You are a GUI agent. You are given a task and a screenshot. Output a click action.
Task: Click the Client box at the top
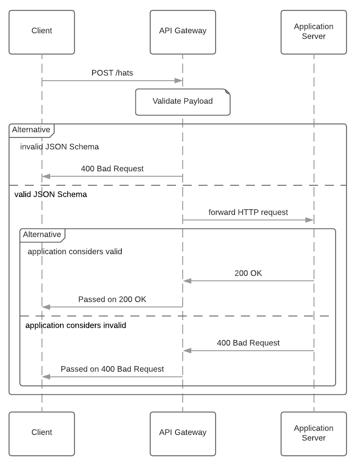[x=42, y=31]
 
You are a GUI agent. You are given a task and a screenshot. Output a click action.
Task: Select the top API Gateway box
[x=183, y=31]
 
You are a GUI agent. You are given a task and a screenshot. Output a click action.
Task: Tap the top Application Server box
[x=314, y=31]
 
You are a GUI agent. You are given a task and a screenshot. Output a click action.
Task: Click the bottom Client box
[x=42, y=433]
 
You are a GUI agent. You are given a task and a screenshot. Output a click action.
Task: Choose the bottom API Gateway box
[x=183, y=433]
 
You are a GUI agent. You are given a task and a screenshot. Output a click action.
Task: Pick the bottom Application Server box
[x=314, y=433]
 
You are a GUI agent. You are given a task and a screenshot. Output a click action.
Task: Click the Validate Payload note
[x=183, y=101]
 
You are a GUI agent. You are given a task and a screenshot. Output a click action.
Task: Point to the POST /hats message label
[x=112, y=73]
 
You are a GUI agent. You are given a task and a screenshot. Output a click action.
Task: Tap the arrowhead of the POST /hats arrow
[x=179, y=81]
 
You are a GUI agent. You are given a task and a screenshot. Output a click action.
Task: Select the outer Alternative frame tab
[x=31, y=130]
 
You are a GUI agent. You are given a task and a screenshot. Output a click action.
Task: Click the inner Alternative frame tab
[x=42, y=234]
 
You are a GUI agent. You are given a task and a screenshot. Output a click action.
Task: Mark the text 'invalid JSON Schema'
[x=60, y=147]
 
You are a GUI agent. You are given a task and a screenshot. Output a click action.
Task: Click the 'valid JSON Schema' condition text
[x=51, y=195]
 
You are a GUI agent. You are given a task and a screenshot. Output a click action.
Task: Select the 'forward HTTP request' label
[x=248, y=212]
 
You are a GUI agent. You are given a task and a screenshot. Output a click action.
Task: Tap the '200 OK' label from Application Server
[x=248, y=273]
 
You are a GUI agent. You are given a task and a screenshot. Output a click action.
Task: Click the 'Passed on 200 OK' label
[x=112, y=299]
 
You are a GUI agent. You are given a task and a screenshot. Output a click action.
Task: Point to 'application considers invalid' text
[x=76, y=325]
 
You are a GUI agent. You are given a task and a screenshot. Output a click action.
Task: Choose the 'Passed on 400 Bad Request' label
[x=112, y=369]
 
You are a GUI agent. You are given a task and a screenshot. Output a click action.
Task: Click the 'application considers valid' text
[x=75, y=252]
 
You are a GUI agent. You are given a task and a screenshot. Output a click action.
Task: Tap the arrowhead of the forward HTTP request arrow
[x=309, y=220]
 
